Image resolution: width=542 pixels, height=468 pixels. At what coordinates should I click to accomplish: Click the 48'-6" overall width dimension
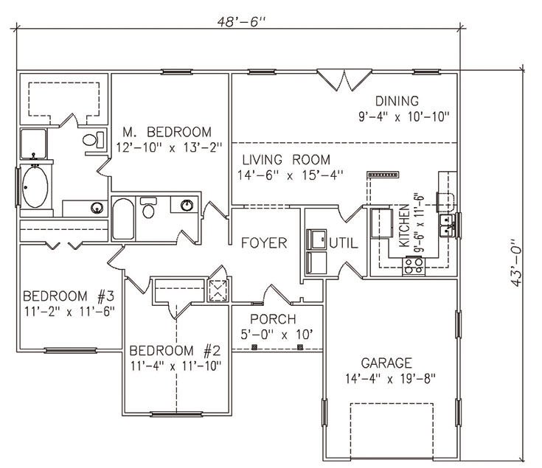241,22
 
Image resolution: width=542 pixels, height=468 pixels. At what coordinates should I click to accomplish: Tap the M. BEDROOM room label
167,132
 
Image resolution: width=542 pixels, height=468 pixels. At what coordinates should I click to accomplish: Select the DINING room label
397,101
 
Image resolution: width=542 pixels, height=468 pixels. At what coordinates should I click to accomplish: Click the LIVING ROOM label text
286,160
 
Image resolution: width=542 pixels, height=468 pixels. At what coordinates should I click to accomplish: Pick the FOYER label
264,242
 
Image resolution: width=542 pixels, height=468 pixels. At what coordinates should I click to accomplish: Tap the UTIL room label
344,243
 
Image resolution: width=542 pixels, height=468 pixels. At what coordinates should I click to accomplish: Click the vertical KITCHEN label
404,226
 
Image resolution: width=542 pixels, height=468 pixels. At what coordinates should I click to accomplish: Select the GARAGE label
386,363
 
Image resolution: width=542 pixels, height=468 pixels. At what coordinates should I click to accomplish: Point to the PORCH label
273,319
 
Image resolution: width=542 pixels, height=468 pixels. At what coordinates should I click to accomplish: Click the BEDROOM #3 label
69,296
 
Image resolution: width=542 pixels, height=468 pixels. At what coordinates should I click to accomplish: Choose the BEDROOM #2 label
175,351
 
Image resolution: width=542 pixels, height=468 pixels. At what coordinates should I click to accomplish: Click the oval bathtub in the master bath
35,187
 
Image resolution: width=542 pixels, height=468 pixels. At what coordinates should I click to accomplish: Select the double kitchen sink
448,226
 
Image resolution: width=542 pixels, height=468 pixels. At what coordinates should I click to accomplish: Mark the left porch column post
254,347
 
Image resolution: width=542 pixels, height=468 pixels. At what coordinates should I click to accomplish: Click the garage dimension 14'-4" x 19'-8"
390,379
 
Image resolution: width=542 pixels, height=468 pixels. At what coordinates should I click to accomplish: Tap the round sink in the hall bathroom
187,205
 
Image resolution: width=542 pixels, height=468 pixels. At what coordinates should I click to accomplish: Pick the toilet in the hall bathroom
148,208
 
